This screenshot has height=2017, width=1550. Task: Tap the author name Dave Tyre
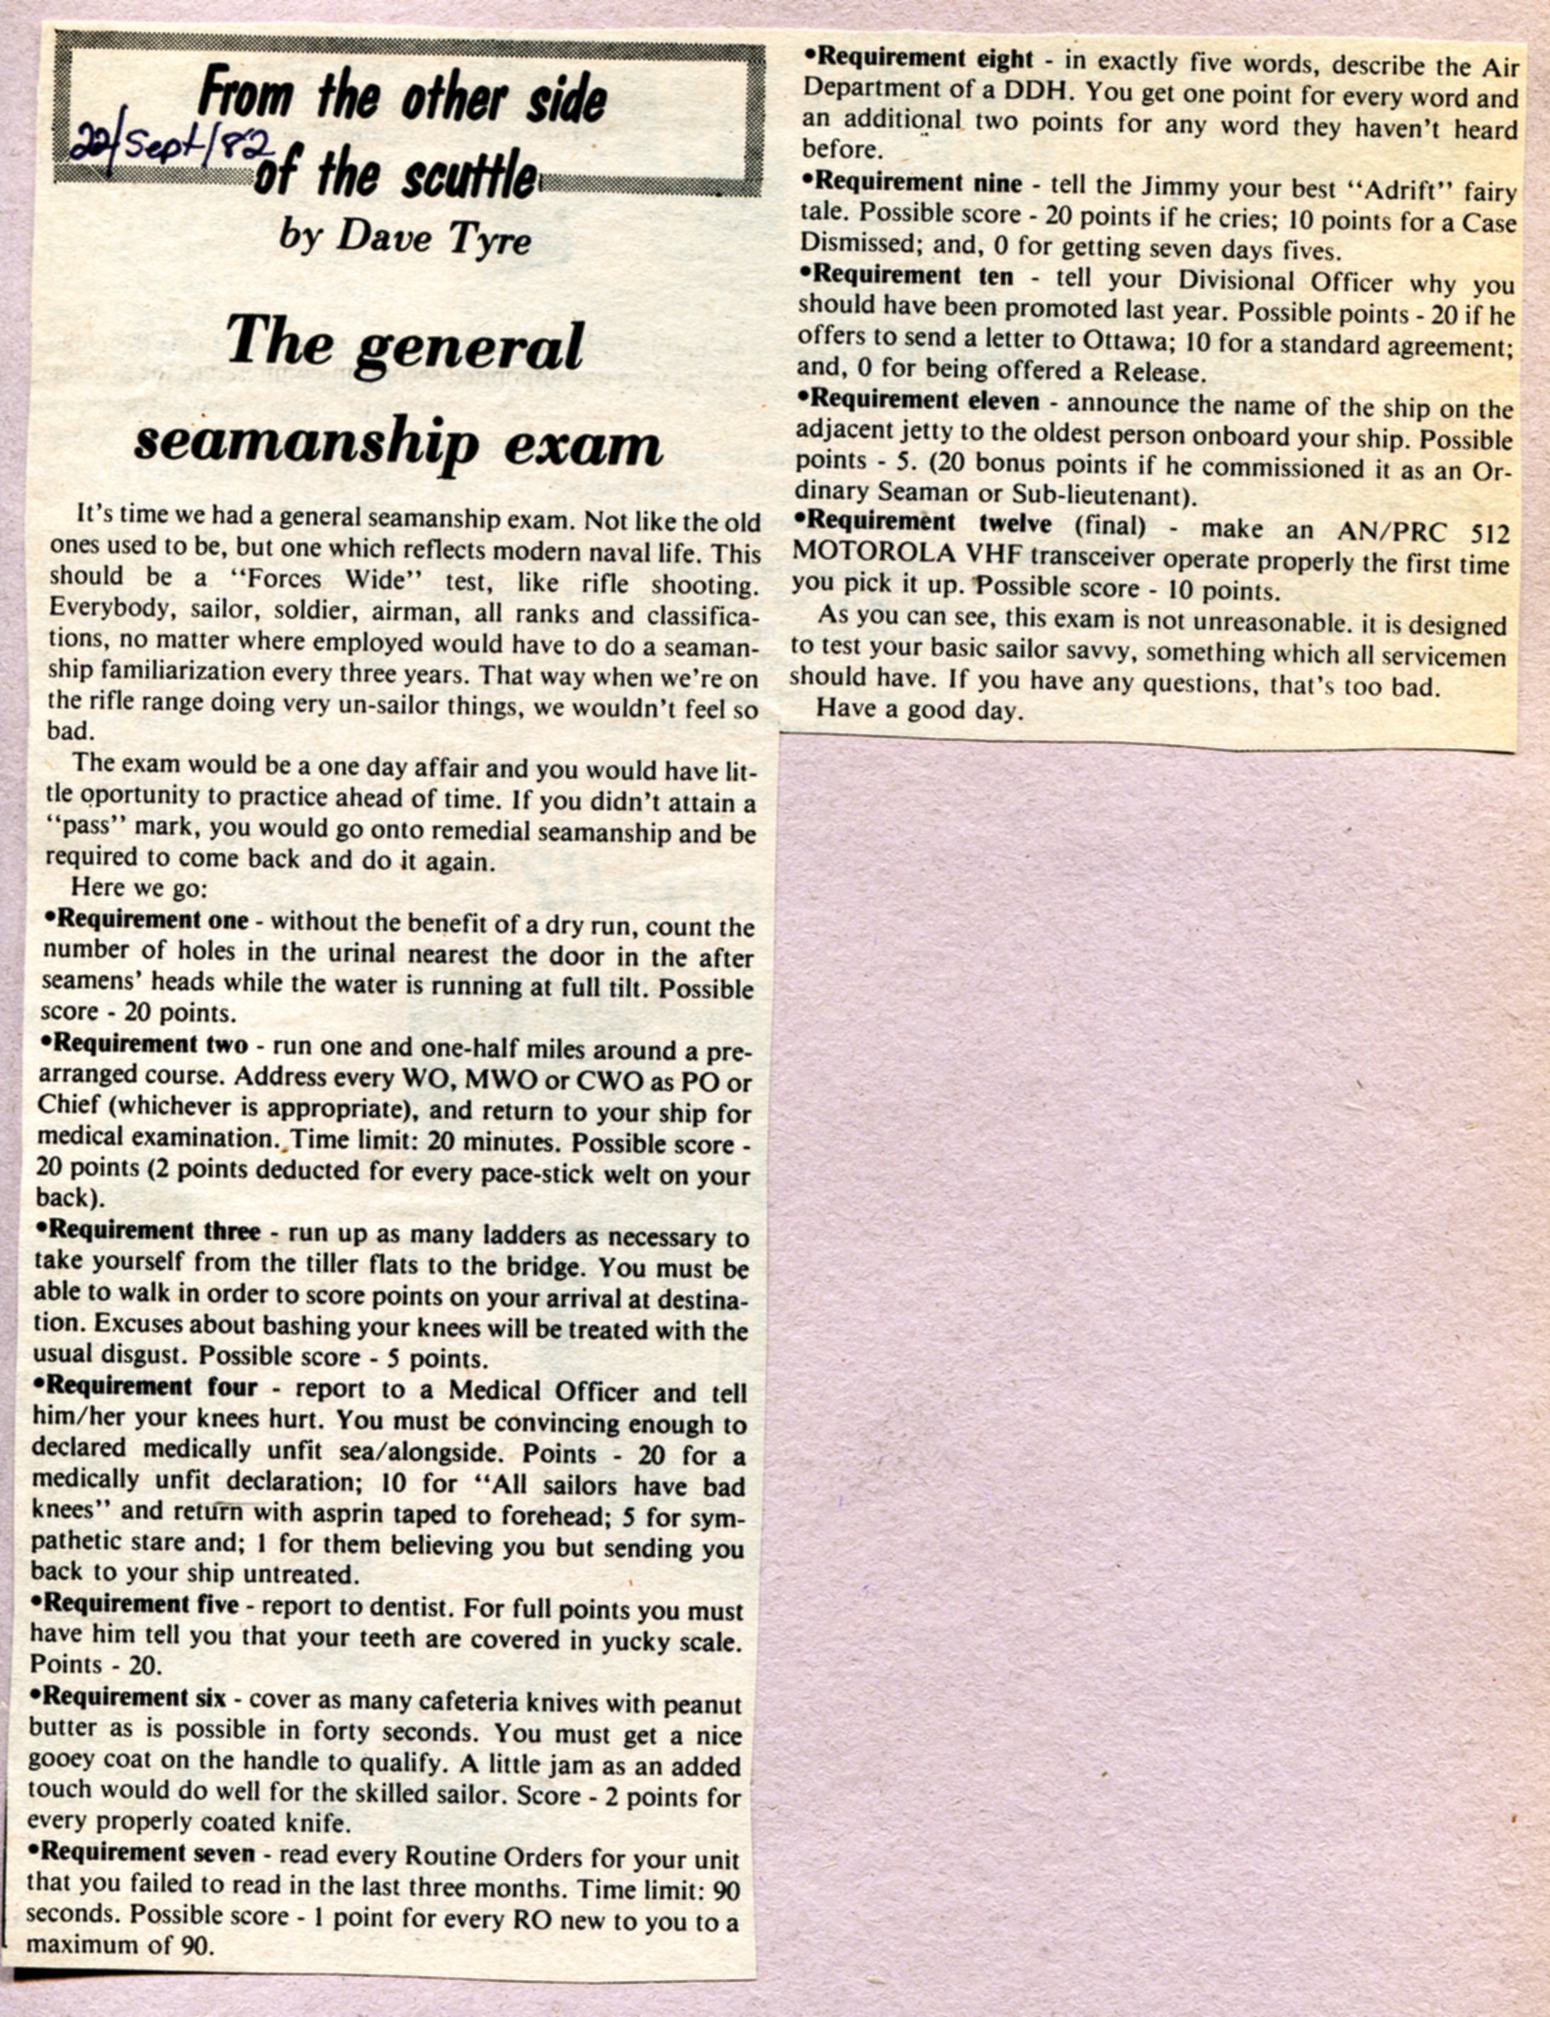pyautogui.click(x=406, y=238)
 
